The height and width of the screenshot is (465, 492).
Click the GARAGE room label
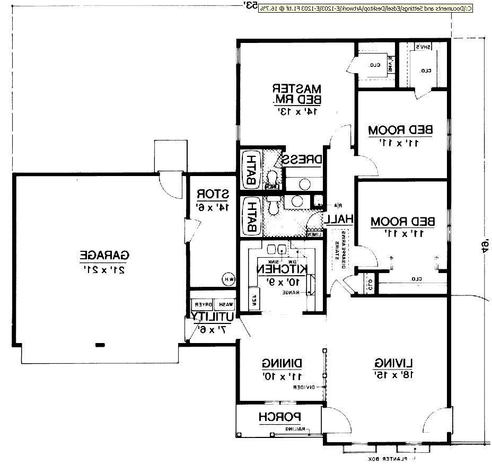point(104,255)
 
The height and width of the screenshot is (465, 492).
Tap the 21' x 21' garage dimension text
point(104,269)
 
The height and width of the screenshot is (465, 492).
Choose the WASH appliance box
point(226,305)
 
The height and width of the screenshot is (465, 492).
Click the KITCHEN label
point(282,269)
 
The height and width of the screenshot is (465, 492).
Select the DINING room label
point(282,364)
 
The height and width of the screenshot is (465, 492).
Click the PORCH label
point(280,417)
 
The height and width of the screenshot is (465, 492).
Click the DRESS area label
point(302,159)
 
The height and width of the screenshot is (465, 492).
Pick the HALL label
point(339,218)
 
